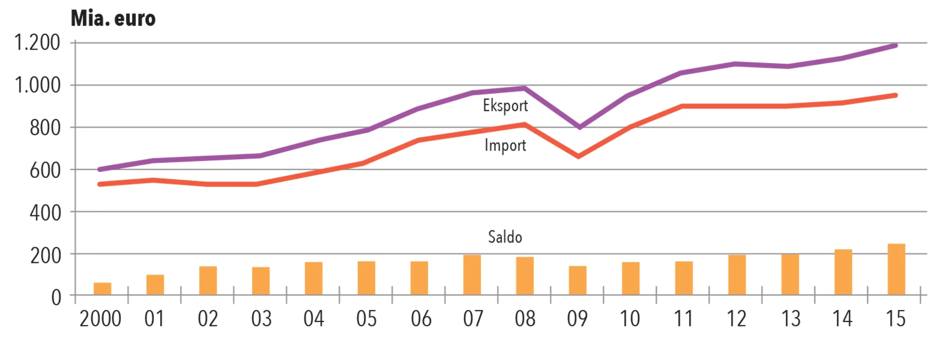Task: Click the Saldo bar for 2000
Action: pos(102,288)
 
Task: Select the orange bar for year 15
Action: pos(896,269)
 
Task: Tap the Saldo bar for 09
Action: pos(578,280)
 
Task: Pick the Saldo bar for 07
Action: pos(472,275)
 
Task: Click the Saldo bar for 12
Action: pos(737,275)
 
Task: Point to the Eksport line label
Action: pos(505,106)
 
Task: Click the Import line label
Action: pos(505,146)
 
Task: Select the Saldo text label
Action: pos(505,237)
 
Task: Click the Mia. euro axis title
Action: pos(113,19)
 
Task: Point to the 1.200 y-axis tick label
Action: pos(37,43)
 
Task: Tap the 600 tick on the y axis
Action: pos(45,170)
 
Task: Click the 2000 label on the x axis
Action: pos(100,319)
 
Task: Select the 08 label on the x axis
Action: pos(525,319)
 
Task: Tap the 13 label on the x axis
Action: pos(790,319)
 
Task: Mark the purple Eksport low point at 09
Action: pos(580,127)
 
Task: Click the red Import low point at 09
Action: pos(578,156)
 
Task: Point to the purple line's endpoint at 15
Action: pos(895,46)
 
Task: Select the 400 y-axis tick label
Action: pos(45,213)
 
